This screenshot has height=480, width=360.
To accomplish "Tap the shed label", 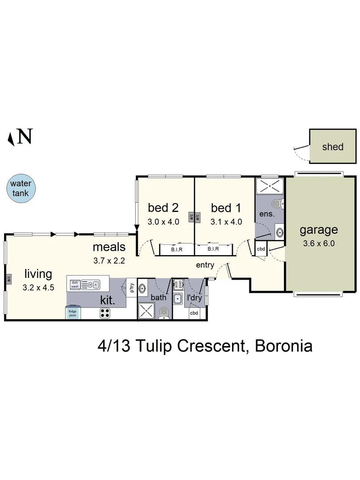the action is tap(333, 147).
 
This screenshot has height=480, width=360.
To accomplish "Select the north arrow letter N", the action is tap(25, 136).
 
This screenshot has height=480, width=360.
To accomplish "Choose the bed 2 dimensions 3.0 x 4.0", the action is tap(164, 222).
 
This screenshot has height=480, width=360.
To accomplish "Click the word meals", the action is tap(109, 247).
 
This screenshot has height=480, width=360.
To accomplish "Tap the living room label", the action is tap(38, 274).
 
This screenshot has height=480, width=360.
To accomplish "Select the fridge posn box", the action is tap(73, 312).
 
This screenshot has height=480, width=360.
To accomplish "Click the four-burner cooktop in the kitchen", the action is tap(105, 313).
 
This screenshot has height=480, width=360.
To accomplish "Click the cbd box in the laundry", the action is tap(194, 313).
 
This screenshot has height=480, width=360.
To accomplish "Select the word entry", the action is tap(205, 265).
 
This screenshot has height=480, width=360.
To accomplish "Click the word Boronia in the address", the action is tap(283, 346).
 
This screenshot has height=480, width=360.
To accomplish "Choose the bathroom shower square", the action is tap(147, 311).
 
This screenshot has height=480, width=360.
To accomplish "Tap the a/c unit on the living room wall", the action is tap(8, 279).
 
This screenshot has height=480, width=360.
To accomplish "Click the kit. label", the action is tap(108, 300).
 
